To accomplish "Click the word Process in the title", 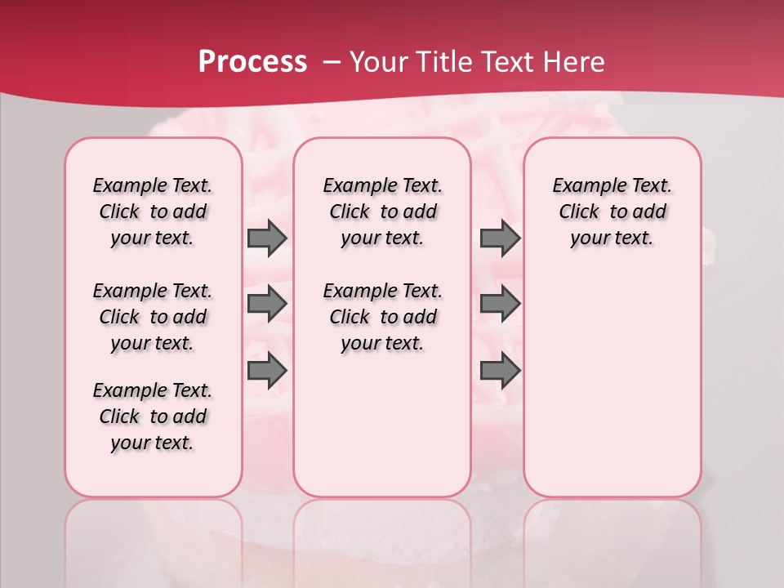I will click(252, 62).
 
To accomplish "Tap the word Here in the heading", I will click(574, 62).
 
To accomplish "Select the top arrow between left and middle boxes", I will click(267, 238).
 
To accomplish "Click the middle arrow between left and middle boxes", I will click(267, 305).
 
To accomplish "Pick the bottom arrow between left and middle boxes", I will click(267, 371).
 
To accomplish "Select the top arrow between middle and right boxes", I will click(500, 238).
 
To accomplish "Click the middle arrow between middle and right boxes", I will click(500, 305).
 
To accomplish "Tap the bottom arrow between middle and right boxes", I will click(500, 371).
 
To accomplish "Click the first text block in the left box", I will click(153, 212).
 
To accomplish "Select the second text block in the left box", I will click(153, 317).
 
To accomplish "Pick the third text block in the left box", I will click(153, 416).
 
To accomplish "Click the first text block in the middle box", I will click(382, 212).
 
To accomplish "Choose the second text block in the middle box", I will click(382, 317).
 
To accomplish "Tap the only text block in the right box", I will click(612, 212).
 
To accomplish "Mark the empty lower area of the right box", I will click(612, 384).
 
